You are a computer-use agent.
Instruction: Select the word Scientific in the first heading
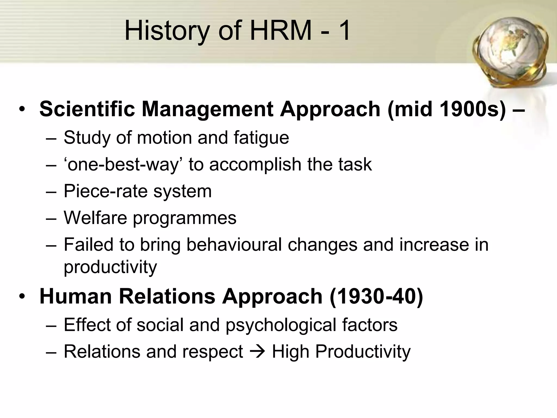click(x=87, y=109)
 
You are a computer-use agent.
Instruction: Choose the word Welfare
click(x=95, y=218)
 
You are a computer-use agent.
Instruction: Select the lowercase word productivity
click(x=110, y=267)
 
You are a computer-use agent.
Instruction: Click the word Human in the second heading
click(x=76, y=296)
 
